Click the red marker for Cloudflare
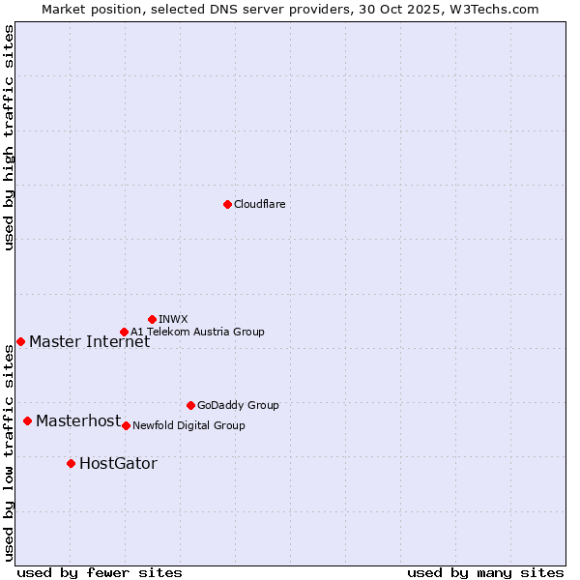227,204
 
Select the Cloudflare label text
259,204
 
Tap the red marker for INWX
152,319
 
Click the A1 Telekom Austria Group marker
124,332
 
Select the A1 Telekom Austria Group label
197,332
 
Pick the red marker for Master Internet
20,341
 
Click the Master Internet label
89,341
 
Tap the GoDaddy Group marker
190,405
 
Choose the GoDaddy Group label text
238,405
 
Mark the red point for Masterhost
27,420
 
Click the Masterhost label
78,420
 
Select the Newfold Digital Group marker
126,425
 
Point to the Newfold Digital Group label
188,425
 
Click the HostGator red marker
71,463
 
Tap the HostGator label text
118,463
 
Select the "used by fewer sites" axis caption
100,572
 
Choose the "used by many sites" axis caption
485,572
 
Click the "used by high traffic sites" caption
9,137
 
